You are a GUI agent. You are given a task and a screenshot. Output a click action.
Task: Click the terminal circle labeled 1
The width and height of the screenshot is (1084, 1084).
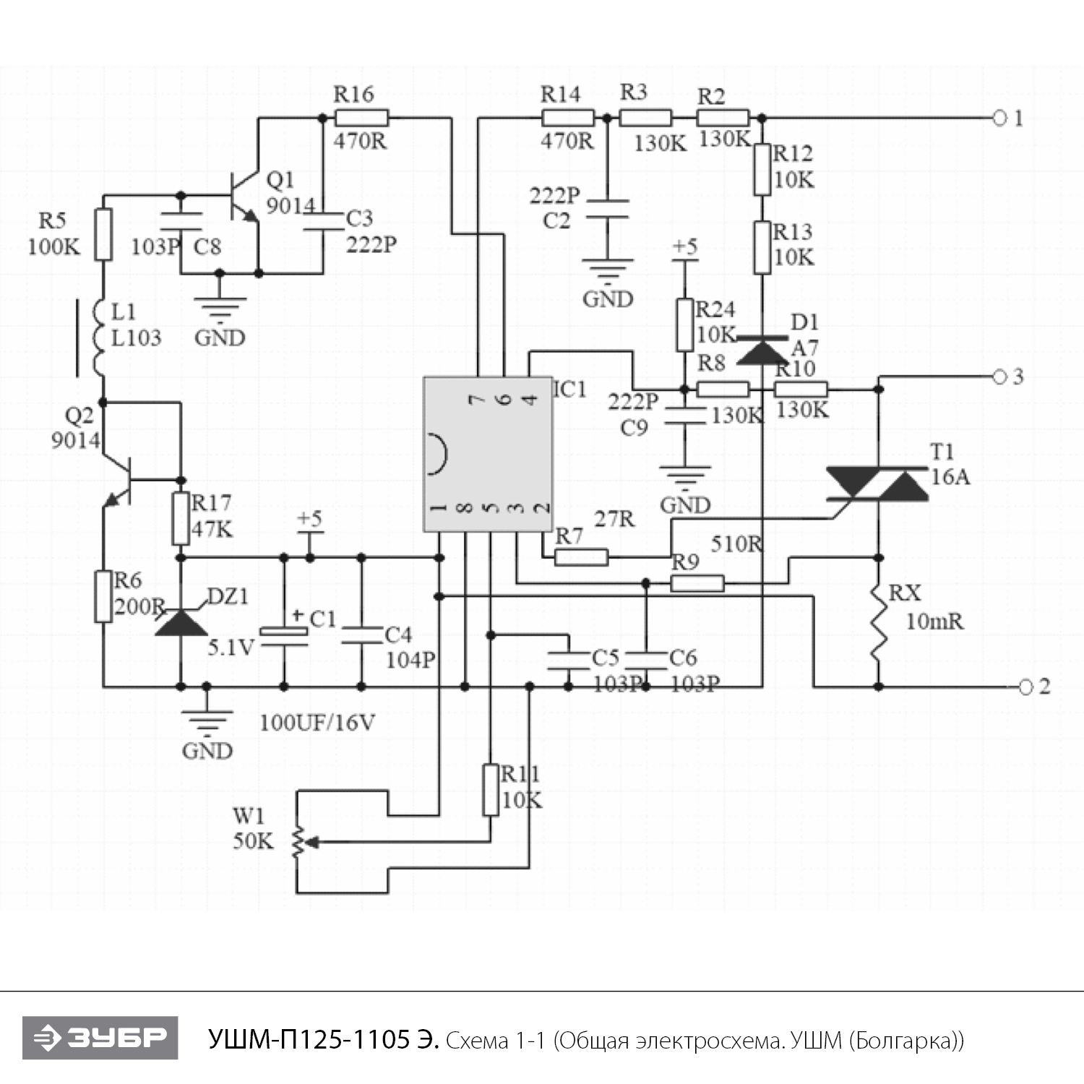tap(999, 118)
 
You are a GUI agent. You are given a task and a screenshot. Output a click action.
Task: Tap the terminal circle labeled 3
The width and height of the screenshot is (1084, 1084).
tap(999, 377)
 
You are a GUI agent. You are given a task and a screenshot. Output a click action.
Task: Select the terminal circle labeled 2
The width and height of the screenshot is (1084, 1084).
tap(1025, 687)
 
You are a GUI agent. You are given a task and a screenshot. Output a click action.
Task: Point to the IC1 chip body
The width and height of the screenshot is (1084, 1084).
tap(488, 454)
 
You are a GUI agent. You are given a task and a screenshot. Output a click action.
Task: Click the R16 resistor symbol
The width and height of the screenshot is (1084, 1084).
tap(361, 118)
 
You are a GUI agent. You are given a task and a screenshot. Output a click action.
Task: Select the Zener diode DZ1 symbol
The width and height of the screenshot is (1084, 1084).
tap(181, 623)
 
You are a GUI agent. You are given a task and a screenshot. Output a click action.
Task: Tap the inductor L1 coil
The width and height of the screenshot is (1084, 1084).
tap(101, 338)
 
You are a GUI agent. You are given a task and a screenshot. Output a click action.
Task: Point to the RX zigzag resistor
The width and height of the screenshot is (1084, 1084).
tap(878, 621)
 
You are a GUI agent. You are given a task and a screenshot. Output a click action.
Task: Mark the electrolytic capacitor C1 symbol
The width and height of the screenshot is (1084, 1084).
tap(284, 633)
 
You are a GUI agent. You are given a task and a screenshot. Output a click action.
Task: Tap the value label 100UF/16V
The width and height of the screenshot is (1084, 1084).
tap(317, 723)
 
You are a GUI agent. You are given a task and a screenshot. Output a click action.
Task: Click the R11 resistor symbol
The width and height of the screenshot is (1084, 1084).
tap(491, 789)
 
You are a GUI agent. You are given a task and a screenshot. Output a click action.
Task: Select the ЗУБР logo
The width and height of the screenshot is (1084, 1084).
tap(100, 1038)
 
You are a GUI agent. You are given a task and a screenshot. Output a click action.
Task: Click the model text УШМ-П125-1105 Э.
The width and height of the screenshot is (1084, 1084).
tap(323, 1039)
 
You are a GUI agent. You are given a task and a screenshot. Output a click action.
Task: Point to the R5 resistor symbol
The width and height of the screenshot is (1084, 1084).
tap(104, 234)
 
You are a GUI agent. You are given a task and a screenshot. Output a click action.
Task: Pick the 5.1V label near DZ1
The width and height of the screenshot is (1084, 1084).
tap(231, 648)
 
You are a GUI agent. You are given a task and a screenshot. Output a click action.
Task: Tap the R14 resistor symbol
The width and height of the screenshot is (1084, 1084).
tap(567, 118)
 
